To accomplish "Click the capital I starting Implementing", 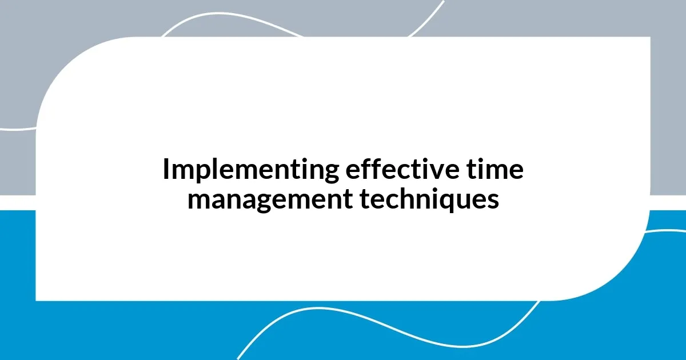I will coord(166,170).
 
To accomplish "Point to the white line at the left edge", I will coord(17,129).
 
